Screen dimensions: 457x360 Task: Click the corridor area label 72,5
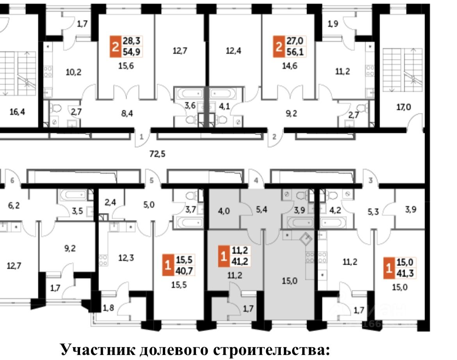tap(157, 154)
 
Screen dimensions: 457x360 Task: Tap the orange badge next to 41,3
tap(388, 267)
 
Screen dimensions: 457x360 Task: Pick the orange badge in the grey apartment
tap(223, 256)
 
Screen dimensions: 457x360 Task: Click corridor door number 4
tap(256, 181)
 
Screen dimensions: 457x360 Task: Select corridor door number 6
tap(12, 181)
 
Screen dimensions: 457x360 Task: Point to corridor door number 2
tap(274, 137)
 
